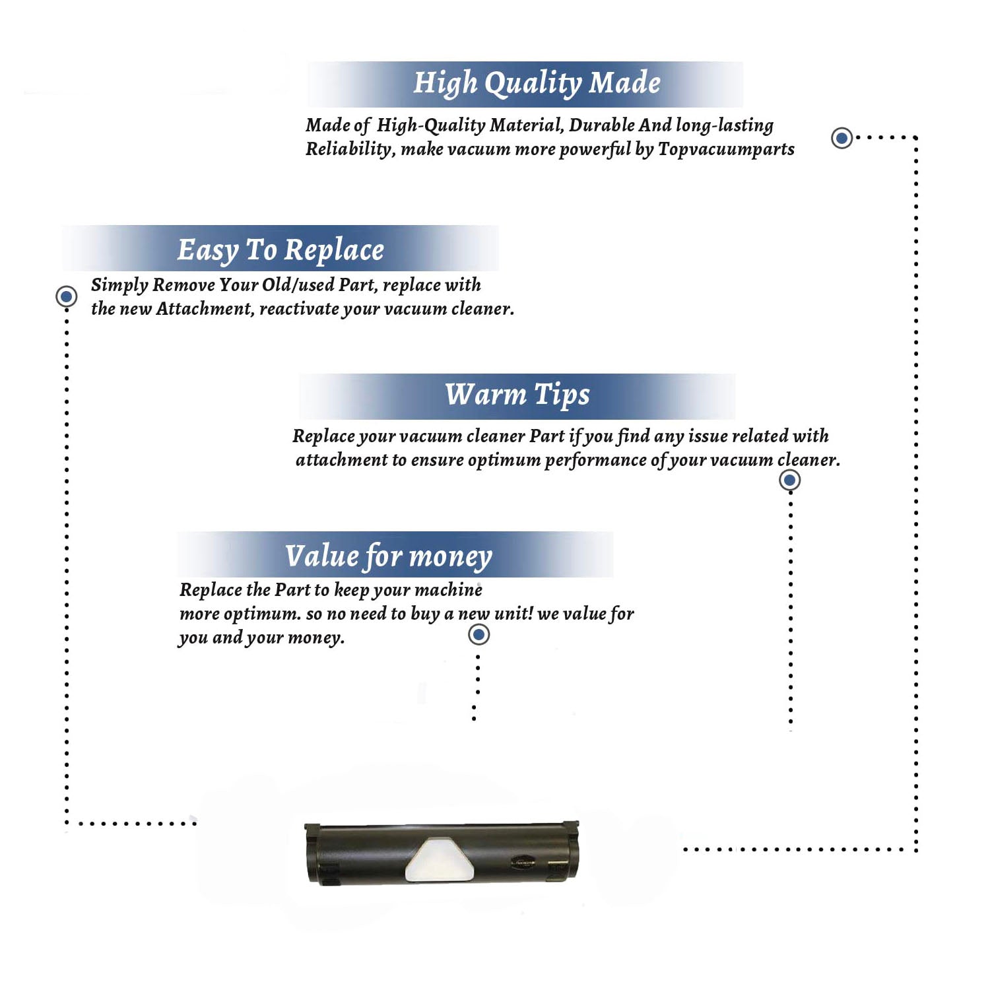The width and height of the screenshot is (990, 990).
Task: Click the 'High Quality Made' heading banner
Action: pos(525,84)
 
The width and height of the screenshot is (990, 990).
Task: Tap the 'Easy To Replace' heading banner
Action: pos(280,248)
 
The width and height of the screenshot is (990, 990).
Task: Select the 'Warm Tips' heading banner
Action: pos(517,396)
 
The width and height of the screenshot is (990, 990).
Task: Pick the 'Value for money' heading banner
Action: pos(395,554)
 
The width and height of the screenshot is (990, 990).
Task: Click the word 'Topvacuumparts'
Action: pos(726,150)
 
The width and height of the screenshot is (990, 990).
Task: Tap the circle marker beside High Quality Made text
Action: pos(841,138)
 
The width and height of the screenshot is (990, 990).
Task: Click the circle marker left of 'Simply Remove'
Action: pos(66,296)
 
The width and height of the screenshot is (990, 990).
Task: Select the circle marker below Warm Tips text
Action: pos(789,480)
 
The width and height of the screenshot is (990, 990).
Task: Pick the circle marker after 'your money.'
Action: pos(478,635)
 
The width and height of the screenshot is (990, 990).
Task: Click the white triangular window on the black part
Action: pos(440,859)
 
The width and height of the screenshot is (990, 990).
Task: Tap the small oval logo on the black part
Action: pos(524,861)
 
